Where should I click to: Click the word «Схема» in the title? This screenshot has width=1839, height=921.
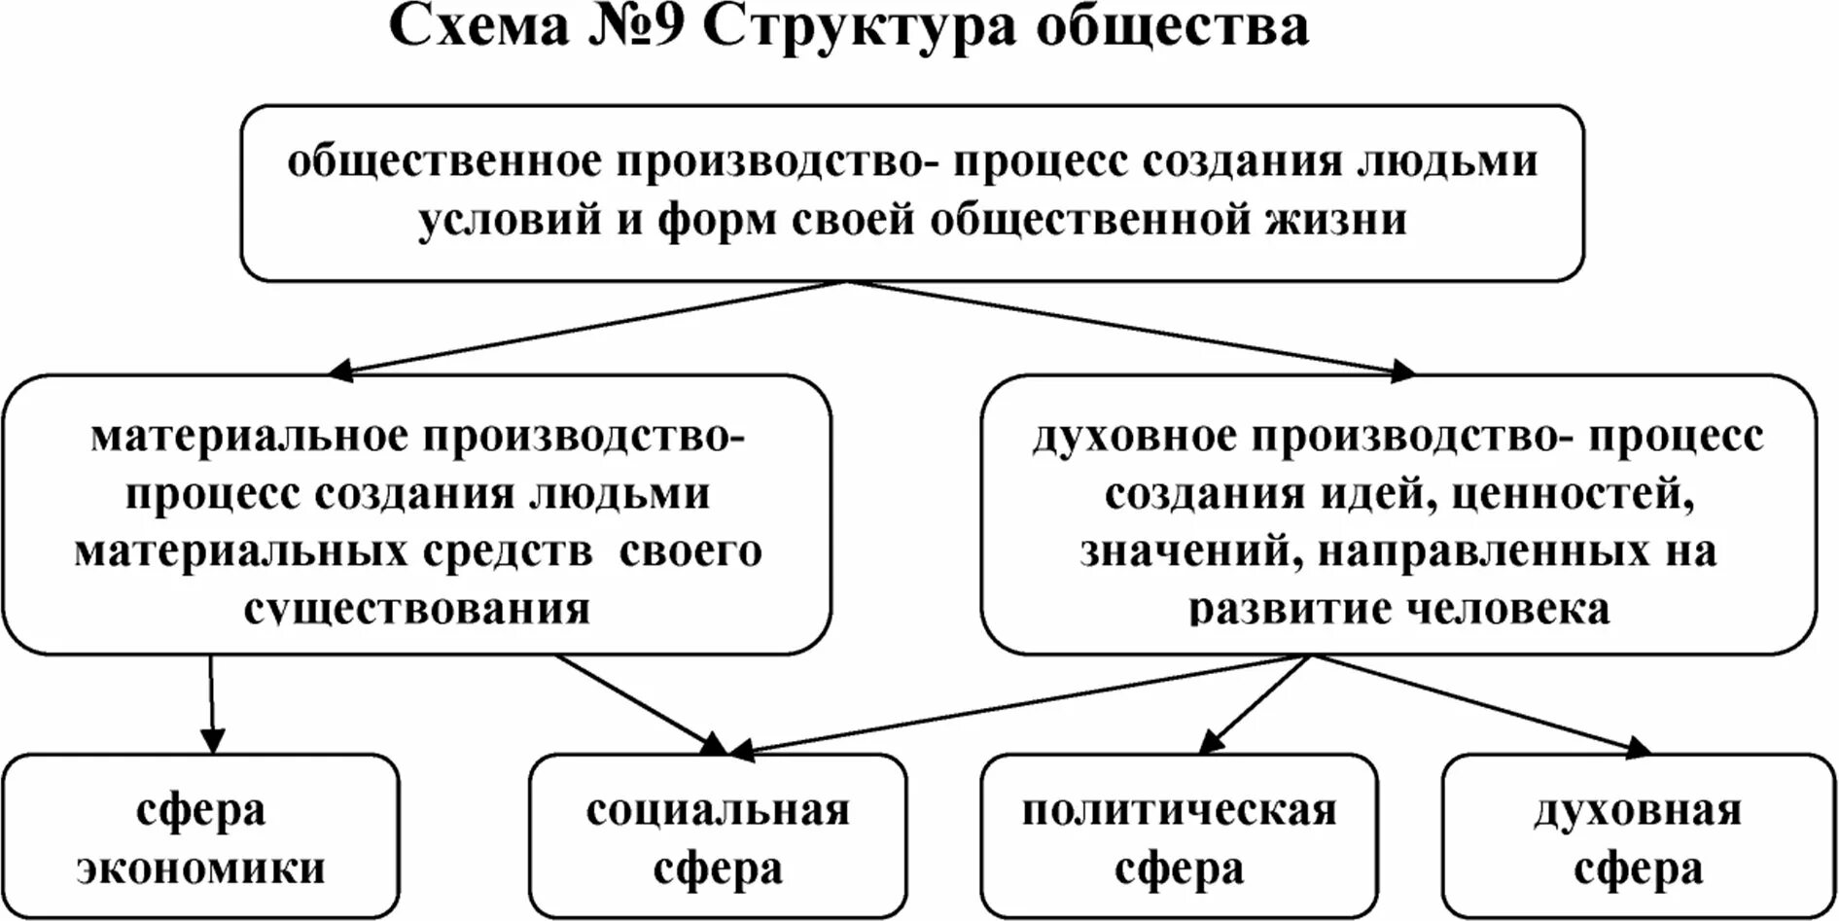pos(478,27)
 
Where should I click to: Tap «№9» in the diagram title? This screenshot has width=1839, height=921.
pos(636,27)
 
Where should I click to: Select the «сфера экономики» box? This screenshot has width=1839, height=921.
pos(200,837)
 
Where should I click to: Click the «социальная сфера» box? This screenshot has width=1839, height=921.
pos(718,837)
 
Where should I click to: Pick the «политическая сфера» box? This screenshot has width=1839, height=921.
pos(1179,837)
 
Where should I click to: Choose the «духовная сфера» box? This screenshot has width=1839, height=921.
pos(1638,837)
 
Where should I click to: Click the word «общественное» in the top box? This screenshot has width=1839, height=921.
pos(445,161)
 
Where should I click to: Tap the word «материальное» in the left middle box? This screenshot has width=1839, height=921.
pos(250,437)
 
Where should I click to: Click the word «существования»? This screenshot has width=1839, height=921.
pos(417,610)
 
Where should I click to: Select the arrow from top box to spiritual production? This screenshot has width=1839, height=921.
pos(1128,327)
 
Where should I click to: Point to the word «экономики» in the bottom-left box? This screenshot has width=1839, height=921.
pos(200,868)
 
